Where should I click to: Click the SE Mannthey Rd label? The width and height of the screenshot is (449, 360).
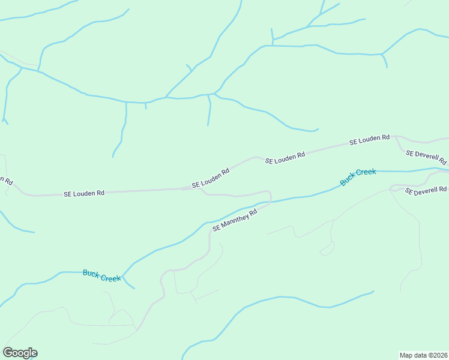(235, 220)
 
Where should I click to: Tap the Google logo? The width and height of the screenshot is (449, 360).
(20, 353)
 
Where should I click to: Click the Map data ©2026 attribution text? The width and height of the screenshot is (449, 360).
(423, 355)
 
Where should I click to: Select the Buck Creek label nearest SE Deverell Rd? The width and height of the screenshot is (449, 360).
(358, 176)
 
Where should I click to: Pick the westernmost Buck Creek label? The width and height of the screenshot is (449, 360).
(101, 275)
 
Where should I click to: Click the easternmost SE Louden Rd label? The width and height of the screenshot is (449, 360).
(370, 140)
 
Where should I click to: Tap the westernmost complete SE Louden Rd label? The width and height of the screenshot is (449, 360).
(85, 193)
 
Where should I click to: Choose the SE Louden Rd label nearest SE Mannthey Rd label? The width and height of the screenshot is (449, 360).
(211, 178)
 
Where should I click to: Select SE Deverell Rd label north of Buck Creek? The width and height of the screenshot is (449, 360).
(426, 157)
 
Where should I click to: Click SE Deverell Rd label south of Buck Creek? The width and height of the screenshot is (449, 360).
(426, 190)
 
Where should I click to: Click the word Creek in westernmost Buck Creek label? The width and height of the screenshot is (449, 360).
(110, 277)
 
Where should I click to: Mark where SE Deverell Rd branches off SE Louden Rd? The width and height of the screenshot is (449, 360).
(396, 137)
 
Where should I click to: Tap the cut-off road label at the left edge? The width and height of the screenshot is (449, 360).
(6, 179)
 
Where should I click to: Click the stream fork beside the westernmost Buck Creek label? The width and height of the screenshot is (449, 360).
(122, 280)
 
